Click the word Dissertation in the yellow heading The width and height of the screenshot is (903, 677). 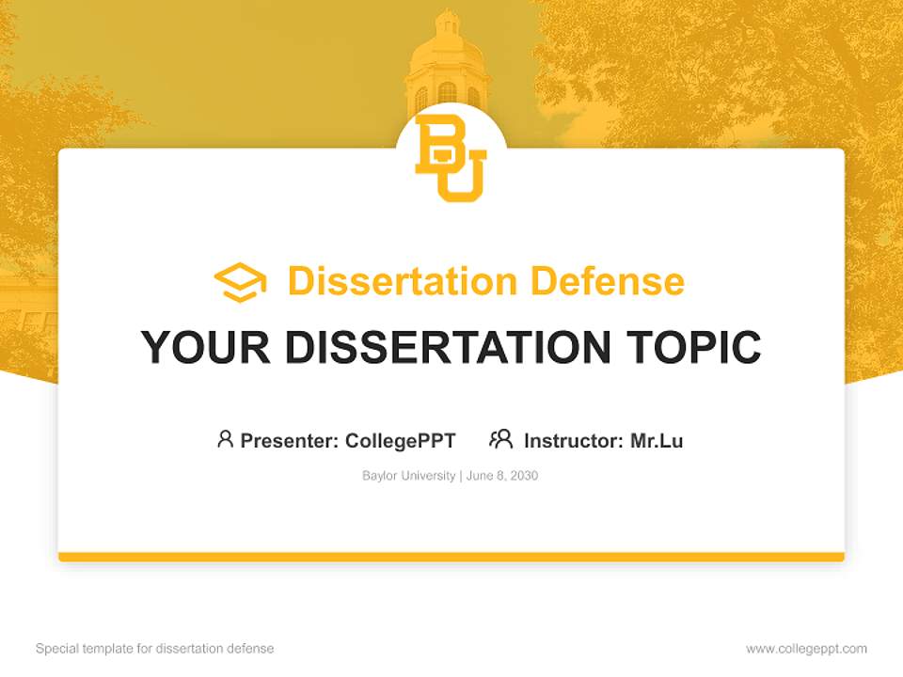point(402,281)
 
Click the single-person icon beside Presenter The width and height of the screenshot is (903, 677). point(225,439)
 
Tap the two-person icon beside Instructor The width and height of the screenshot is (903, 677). point(501,439)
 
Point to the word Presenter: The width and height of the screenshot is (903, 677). point(290,440)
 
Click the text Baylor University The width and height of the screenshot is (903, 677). point(408,476)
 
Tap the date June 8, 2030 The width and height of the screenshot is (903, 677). point(502,476)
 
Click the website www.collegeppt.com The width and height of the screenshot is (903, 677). point(806,649)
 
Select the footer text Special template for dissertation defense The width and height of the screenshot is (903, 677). point(155,649)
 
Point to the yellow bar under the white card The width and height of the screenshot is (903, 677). point(451,557)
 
